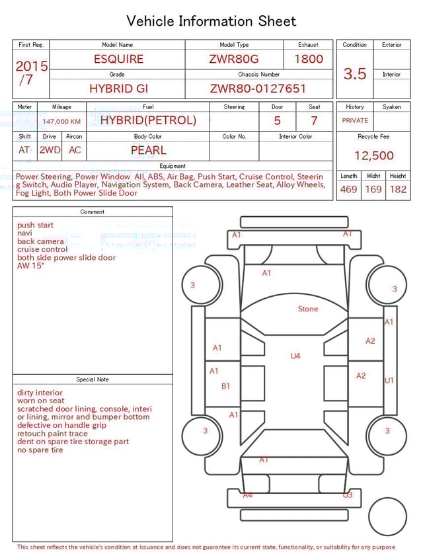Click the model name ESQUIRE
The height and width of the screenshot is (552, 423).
pos(118,59)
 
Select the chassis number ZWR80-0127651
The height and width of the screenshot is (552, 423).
pos(258,89)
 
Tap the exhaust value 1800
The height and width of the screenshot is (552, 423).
pos(308,59)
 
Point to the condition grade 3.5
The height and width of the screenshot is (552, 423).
pos(355,74)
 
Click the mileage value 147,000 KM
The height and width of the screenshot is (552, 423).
pos(61,122)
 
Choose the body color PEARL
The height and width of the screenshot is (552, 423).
pos(148,150)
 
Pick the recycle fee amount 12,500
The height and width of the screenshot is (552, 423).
pos(373,156)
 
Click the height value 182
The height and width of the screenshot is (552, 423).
pos(398,190)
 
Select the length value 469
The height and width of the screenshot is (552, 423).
pos(348,190)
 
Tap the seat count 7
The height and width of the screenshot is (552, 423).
pos(314,121)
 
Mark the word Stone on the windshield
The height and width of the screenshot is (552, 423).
pos(308,309)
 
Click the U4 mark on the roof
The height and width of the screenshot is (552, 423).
pos(295,356)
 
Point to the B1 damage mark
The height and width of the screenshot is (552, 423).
pos(225,386)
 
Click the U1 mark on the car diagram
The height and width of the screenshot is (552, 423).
pos(389,381)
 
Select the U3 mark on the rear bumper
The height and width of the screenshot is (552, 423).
pos(348,494)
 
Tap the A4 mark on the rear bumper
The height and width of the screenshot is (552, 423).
pos(247,494)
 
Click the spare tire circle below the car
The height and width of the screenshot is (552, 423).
pos(388,516)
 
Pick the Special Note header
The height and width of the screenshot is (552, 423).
pos(93,379)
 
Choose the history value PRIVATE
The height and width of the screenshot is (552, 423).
pos(355,121)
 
